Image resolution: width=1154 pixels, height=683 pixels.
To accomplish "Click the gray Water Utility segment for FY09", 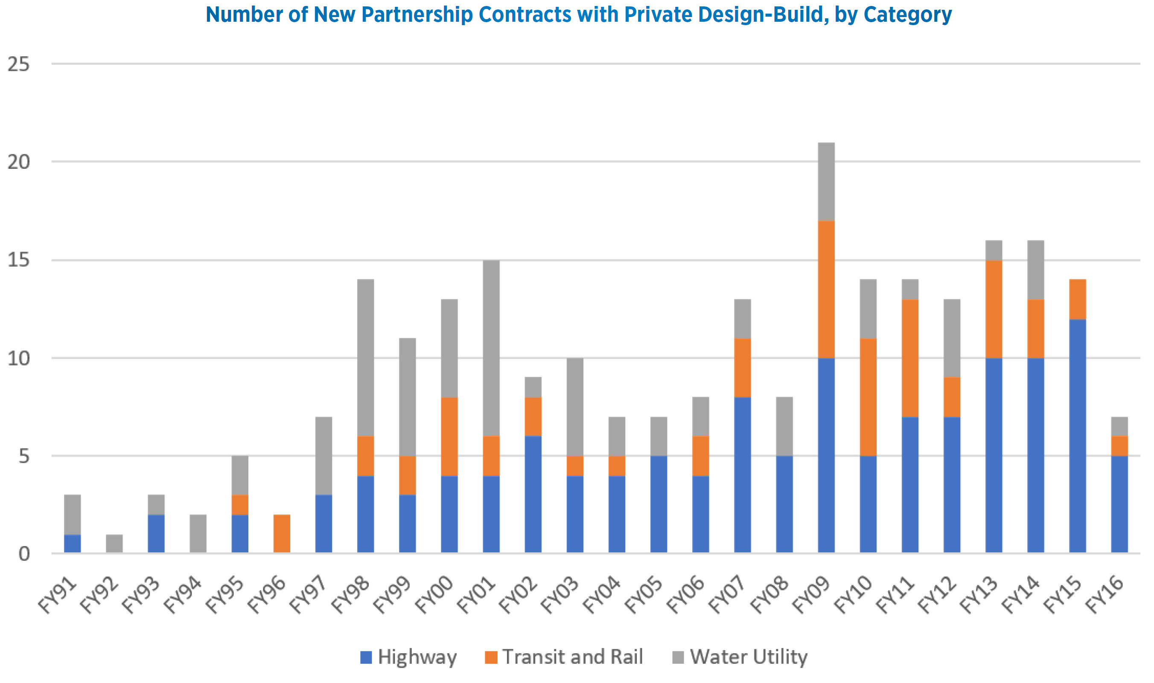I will [826, 182].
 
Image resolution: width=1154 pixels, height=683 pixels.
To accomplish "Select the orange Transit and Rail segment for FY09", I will [826, 289].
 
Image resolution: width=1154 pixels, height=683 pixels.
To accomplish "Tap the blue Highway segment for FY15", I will [1078, 435].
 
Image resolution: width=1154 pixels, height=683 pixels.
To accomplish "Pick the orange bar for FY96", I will [282, 533].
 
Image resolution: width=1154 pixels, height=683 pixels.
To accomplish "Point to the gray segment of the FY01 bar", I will [491, 348].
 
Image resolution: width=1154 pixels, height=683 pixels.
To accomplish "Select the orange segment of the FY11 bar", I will [910, 358].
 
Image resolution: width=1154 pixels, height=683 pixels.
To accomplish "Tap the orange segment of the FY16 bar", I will [1119, 446].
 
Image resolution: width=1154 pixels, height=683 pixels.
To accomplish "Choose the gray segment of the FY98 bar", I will [365, 358].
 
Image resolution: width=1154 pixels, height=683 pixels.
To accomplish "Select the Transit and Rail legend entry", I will [564, 657].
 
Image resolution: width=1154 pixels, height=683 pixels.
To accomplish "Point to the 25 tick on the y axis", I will [18, 64].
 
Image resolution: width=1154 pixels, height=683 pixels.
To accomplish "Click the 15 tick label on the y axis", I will [18, 260].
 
